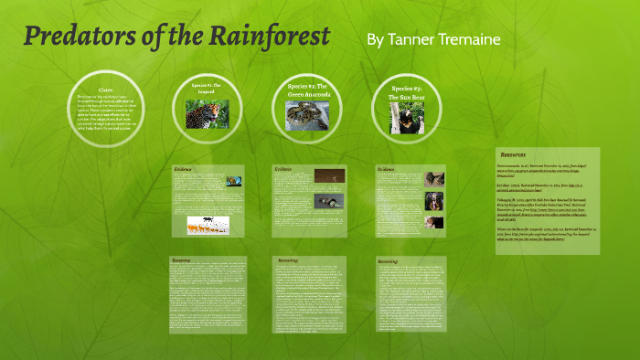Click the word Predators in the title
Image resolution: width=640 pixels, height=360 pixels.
coord(72,38)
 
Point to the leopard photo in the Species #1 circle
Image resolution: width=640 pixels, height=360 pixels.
coord(208,113)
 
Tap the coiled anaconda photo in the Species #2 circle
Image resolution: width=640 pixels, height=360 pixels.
coord(307,116)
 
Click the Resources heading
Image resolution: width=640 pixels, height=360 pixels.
coord(515,154)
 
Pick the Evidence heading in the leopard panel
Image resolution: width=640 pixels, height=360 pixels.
coord(184,169)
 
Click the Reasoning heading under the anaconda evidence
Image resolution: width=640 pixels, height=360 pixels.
coord(287,260)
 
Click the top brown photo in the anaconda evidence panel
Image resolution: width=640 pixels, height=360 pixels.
coord(330,175)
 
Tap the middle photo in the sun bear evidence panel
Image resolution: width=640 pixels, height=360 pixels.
coord(434,202)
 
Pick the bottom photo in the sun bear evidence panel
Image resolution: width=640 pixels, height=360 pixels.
coord(434,222)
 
